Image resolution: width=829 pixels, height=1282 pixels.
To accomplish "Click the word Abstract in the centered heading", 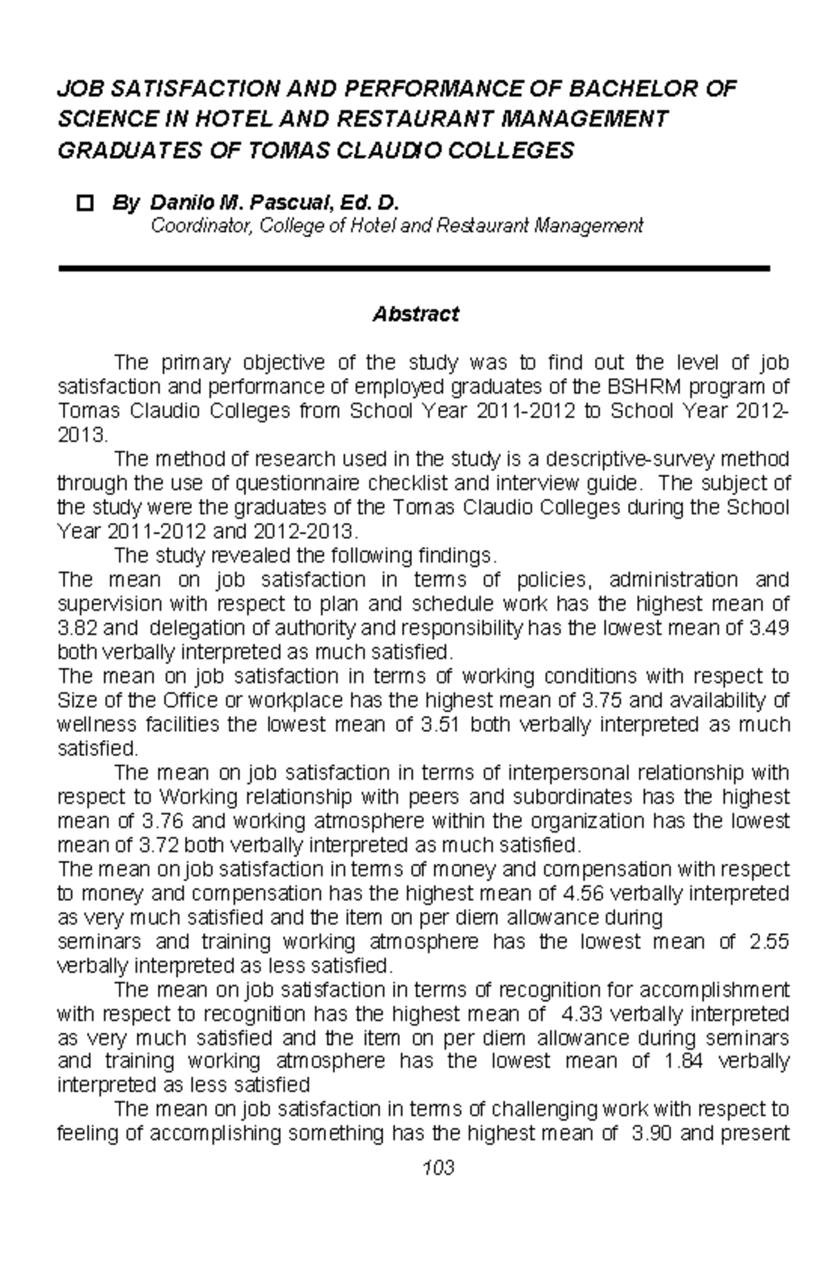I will (415, 315).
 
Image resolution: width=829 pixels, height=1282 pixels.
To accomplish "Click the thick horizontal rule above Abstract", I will (414, 268).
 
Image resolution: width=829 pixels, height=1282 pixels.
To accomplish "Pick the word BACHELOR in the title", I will (625, 88).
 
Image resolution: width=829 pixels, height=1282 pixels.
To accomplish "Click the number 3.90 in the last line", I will (653, 1133).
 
